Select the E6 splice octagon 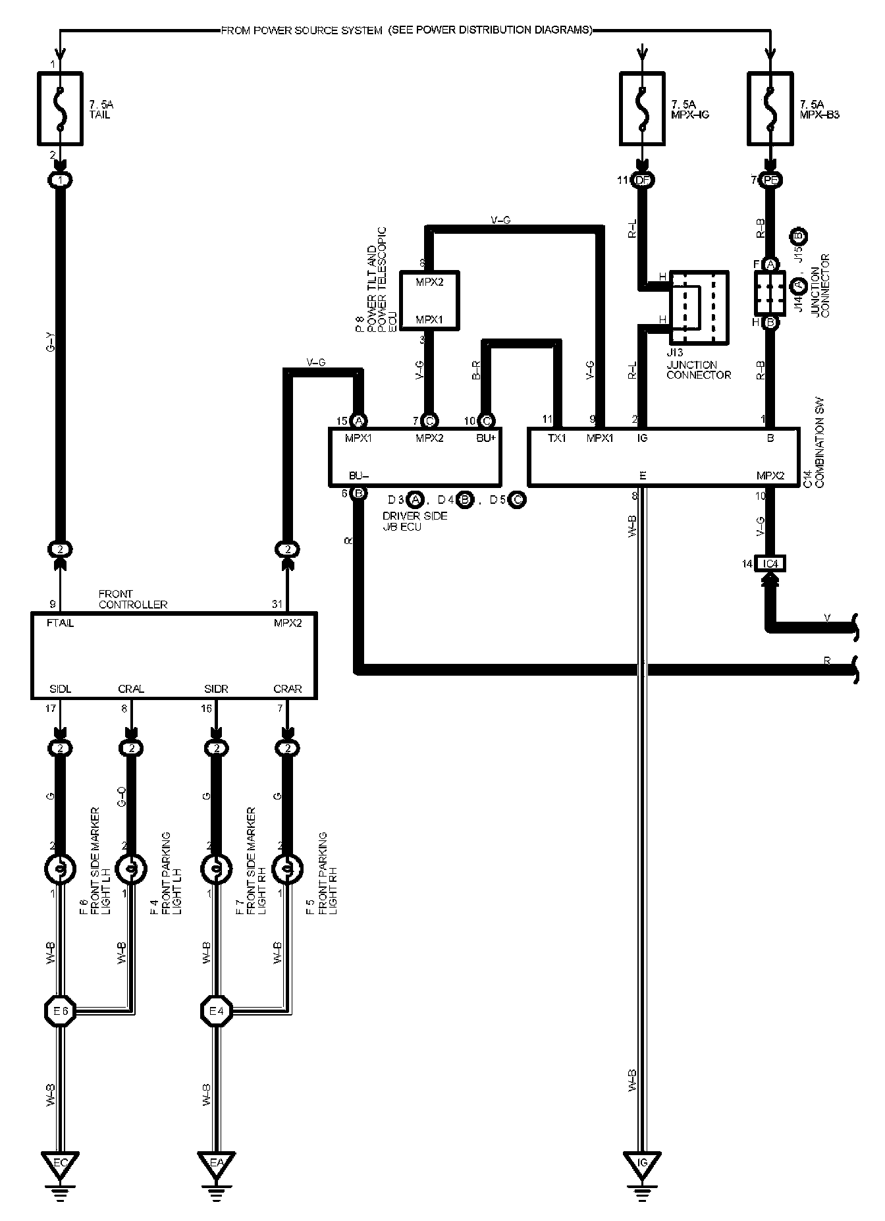pos(60,1011)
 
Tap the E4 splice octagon pos(216,1011)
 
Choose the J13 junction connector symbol pos(699,308)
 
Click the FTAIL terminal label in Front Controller pos(61,623)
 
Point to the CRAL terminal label pos(131,689)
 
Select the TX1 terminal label pos(556,438)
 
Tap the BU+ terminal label pos(486,438)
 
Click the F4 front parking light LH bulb pos(131,870)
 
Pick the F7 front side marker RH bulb pos(215,870)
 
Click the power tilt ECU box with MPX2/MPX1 pos(429,300)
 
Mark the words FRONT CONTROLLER pos(132,599)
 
